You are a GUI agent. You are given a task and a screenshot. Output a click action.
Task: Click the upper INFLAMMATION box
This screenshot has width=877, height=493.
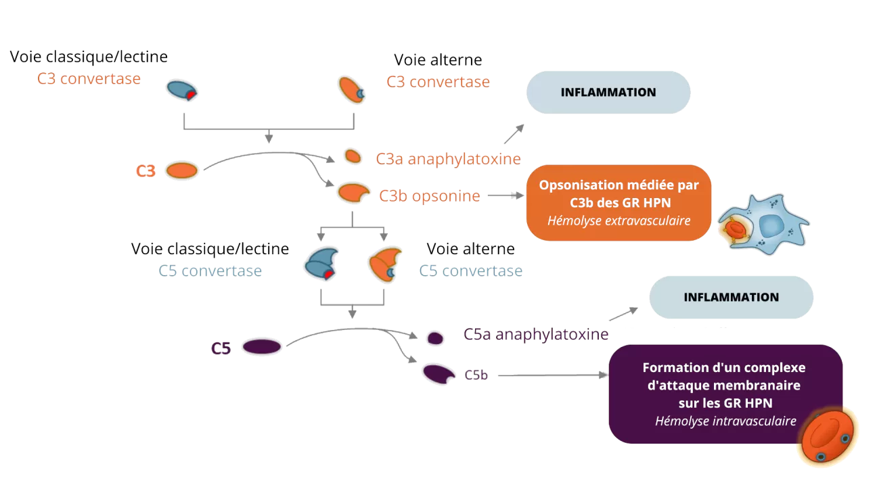coord(608,93)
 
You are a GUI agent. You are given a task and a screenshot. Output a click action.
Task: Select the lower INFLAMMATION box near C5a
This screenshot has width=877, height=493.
coord(731,298)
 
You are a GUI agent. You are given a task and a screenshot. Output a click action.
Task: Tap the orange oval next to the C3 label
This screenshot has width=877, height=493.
coord(181,170)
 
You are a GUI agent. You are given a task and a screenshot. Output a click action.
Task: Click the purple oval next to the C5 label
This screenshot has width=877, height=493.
coord(262,347)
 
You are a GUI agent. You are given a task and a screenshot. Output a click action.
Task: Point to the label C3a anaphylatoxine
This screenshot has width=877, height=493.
coord(449,159)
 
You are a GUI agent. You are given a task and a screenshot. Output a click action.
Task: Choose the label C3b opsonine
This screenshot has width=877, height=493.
coord(430,196)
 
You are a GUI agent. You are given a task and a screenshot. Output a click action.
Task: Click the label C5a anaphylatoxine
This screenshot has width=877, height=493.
coord(535,334)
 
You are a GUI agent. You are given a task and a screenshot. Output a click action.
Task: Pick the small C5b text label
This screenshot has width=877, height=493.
coord(476,375)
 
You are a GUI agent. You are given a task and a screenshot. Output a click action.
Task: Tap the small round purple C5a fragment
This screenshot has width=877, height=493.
coord(434,337)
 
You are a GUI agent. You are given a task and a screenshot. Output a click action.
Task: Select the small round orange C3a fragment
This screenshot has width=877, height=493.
coord(353,156)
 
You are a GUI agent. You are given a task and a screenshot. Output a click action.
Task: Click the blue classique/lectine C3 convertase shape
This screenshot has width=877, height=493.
coord(182,90)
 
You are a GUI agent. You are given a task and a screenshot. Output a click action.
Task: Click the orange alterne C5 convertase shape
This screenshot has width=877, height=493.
coord(384,264)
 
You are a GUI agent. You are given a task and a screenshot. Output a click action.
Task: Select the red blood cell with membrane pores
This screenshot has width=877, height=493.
coord(826,437)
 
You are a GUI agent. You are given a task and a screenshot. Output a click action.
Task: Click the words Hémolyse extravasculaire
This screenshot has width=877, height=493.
coord(619,220)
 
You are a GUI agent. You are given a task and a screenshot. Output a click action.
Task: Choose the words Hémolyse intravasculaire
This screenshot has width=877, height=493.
coord(725,421)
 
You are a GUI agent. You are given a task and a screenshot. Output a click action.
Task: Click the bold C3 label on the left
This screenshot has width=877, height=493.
coord(145,171)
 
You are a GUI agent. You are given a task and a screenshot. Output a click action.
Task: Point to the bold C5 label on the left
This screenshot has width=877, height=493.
coord(221,348)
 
